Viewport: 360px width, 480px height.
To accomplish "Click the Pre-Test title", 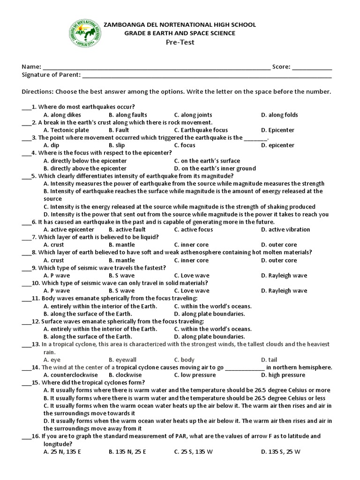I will click(x=180, y=42).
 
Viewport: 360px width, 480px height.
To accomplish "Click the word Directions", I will click(x=37, y=92).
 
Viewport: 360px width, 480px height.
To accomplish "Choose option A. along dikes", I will click(x=62, y=115).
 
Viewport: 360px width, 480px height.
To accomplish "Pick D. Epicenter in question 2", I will click(x=277, y=130).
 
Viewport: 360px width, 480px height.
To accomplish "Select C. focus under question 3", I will click(x=185, y=145).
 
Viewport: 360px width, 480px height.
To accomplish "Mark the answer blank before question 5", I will click(x=26, y=176).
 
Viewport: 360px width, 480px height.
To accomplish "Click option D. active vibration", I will click(x=285, y=230).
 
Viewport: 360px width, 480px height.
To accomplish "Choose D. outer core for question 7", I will click(x=279, y=245).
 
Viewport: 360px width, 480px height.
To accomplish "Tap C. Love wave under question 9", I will click(x=191, y=276).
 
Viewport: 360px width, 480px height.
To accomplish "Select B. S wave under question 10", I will click(x=121, y=291).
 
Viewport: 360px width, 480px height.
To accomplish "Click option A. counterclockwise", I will click(x=70, y=375).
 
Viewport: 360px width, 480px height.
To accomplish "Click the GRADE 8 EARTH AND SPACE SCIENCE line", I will click(x=180, y=33).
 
